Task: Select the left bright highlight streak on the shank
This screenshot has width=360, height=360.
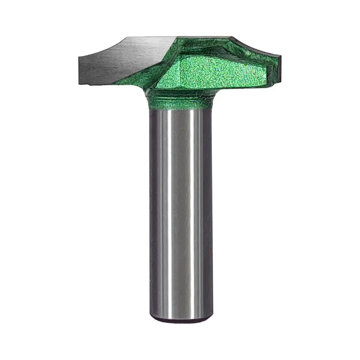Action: point(166,216)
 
